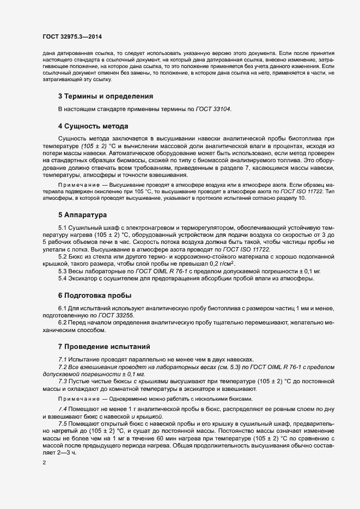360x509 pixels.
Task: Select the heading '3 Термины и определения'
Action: pos(105,96)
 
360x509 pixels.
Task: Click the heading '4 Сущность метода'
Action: pos(93,126)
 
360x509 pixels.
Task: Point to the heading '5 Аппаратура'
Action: pos(83,215)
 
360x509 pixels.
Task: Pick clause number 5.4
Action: pos(63,279)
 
